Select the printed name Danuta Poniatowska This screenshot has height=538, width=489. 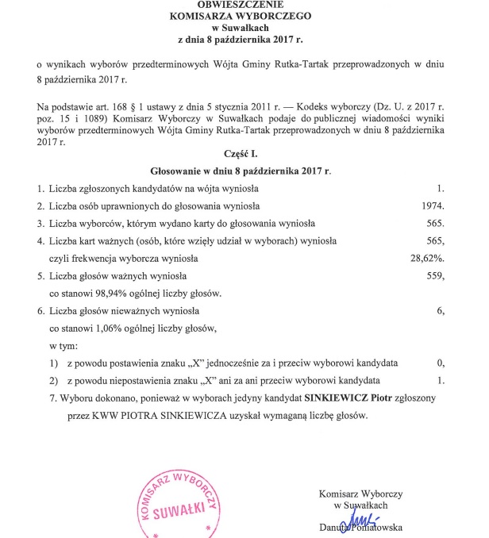pos(360,528)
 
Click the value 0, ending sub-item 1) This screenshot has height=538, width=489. pos(439,363)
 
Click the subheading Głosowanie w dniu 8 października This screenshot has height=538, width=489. pos(240,171)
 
